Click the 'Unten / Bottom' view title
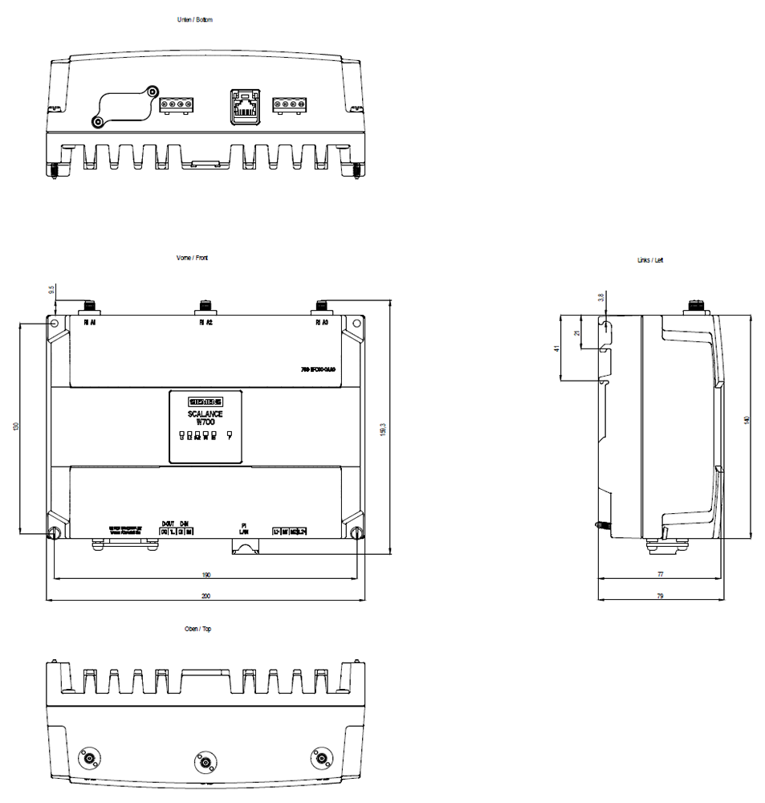[x=195, y=19]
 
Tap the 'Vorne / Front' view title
[x=192, y=258]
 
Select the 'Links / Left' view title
[x=650, y=260]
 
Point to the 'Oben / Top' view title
[x=197, y=629]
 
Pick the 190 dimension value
[x=205, y=575]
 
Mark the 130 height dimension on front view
[x=16, y=427]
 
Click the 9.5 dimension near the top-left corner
[x=51, y=289]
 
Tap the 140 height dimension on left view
[x=747, y=420]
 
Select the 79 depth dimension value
[x=661, y=597]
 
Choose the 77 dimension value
[x=661, y=575]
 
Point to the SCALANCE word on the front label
[x=205, y=414]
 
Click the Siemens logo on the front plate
[x=205, y=401]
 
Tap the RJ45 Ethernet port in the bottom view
[x=244, y=107]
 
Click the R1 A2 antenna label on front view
[x=205, y=323]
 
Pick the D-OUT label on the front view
[x=168, y=523]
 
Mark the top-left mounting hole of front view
[x=54, y=323]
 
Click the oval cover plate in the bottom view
[x=125, y=105]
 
